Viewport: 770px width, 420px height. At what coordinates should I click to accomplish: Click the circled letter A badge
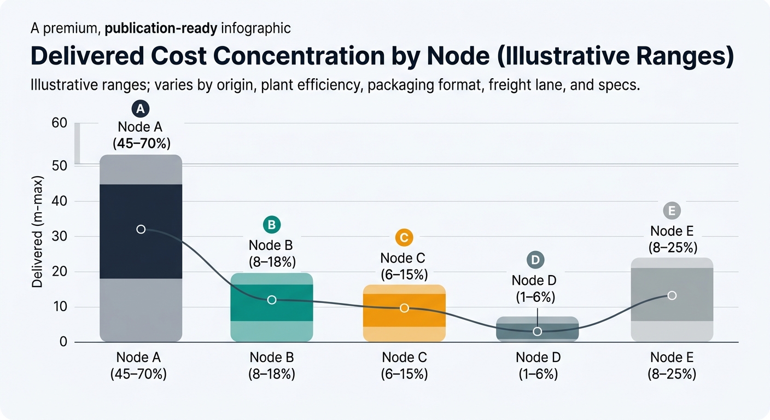coord(141,109)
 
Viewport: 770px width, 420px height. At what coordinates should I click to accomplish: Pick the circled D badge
coord(535,260)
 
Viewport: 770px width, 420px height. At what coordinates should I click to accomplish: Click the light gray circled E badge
coord(671,211)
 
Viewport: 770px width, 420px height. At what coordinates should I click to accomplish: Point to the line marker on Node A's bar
coord(141,229)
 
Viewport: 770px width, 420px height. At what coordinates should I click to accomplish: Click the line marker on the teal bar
coord(272,300)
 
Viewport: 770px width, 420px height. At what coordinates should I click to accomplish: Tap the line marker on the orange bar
coord(404,308)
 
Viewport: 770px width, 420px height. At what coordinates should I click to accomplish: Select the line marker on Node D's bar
coord(537,331)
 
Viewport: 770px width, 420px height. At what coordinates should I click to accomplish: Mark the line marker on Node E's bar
coord(672,295)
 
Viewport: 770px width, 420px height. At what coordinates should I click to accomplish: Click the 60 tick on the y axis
coord(59,123)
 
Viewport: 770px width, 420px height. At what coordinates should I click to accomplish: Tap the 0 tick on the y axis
coord(63,342)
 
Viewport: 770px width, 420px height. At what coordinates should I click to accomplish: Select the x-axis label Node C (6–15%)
coord(404,366)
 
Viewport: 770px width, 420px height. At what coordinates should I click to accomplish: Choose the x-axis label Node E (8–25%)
coord(672,366)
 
